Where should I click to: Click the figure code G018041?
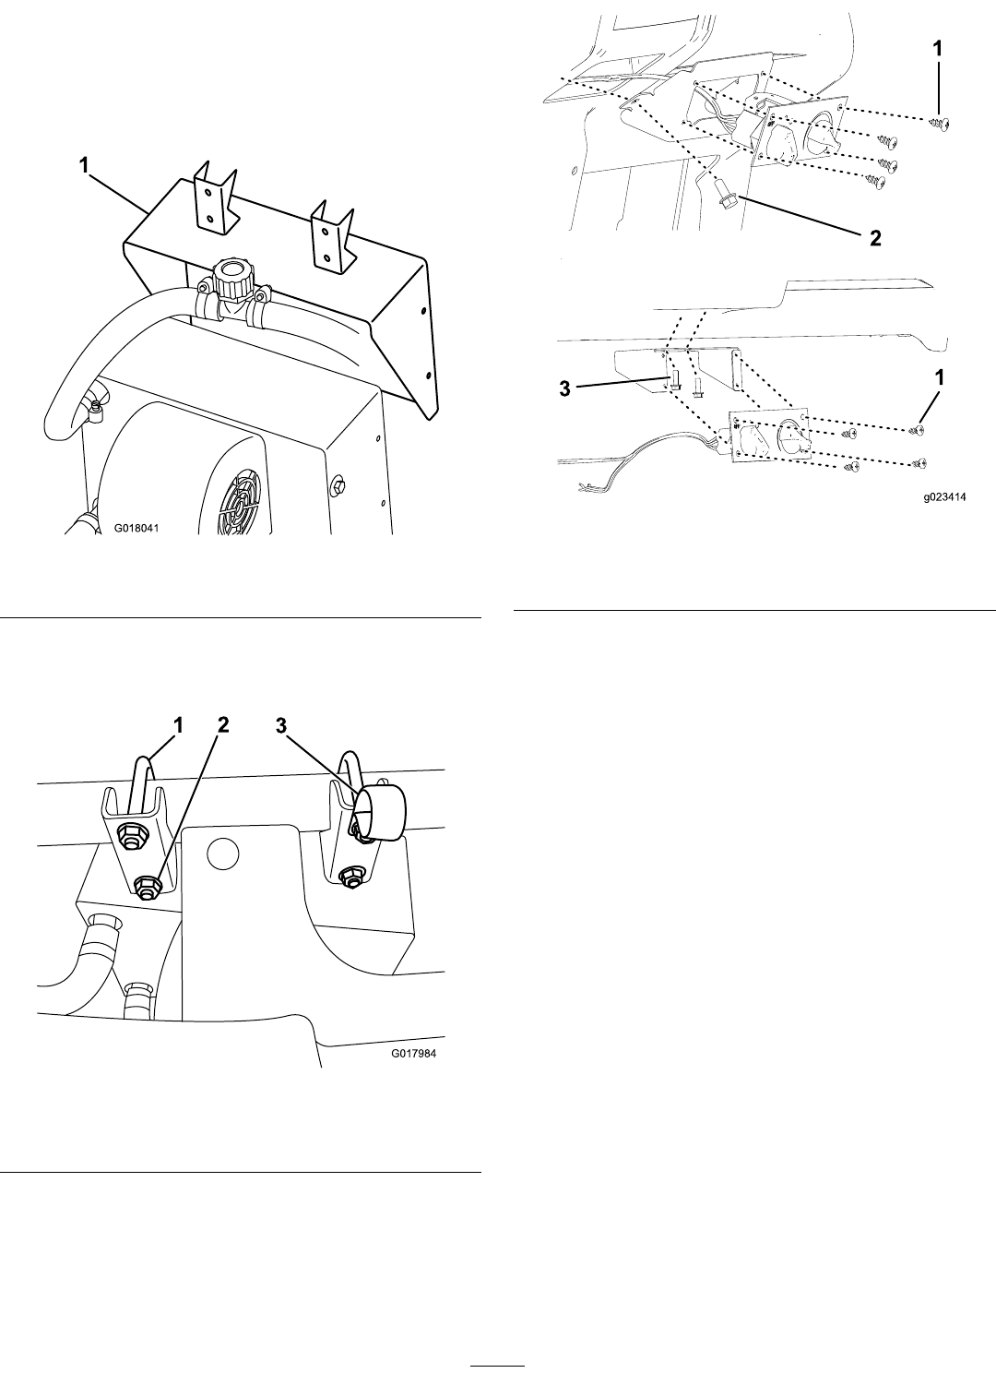(136, 528)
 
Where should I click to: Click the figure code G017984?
(414, 1054)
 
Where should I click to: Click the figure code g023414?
(945, 497)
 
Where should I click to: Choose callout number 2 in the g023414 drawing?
(875, 238)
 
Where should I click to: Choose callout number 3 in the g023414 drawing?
(564, 388)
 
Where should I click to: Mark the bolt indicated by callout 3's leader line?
(675, 382)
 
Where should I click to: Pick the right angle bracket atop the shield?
(332, 236)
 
